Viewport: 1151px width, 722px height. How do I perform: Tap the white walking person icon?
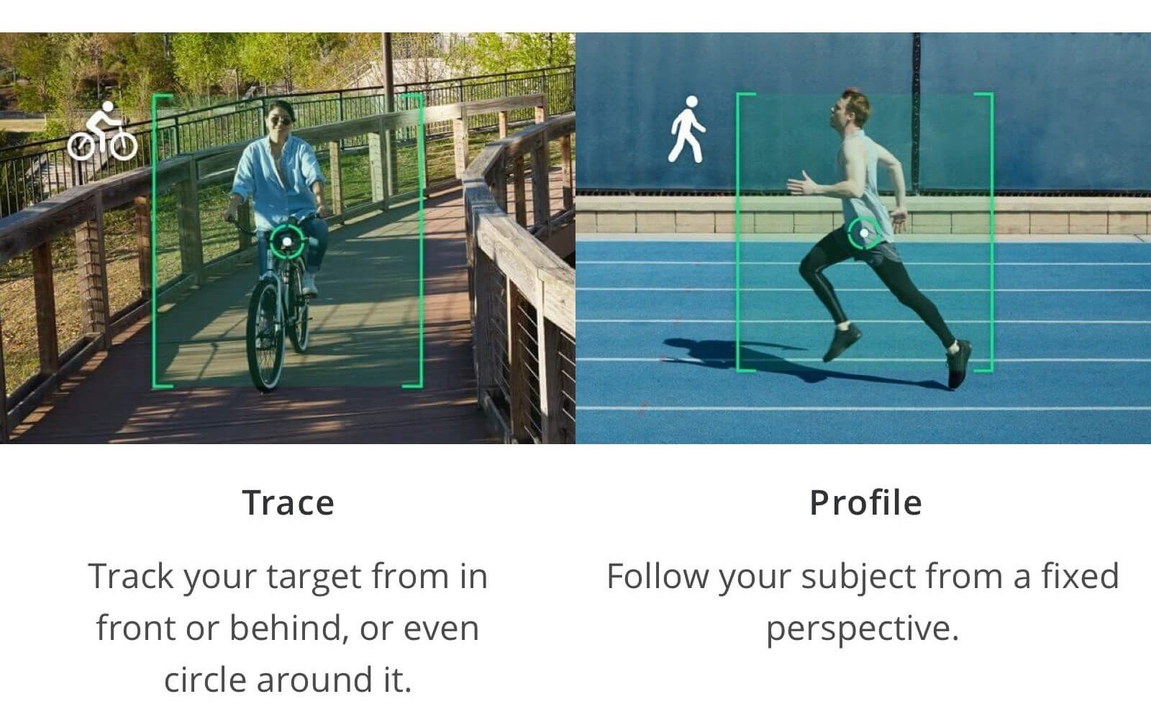pos(686,130)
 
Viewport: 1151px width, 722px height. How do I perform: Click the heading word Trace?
pos(288,502)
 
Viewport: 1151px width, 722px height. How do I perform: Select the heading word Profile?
pos(866,502)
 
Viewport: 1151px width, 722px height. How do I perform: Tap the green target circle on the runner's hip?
pos(864,233)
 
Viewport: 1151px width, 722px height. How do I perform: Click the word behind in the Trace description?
pos(285,628)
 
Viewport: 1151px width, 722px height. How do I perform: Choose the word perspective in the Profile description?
pos(863,629)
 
